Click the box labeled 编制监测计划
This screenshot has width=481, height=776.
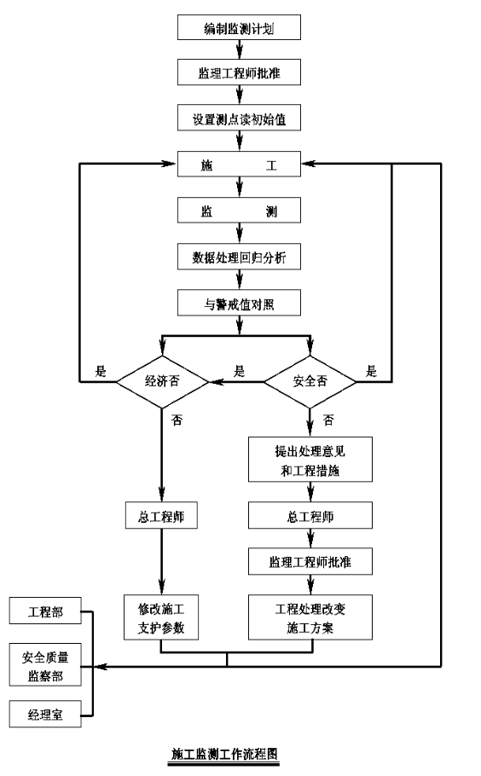239,27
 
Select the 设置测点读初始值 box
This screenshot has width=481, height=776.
239,119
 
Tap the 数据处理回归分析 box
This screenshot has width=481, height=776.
239,257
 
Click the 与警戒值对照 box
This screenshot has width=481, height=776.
239,303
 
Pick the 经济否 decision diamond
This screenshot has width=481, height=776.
162,381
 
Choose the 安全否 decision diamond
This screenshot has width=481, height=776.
310,381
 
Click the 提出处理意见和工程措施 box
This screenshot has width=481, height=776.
310,460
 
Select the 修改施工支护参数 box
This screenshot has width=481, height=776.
161,617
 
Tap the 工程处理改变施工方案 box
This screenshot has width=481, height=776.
310,617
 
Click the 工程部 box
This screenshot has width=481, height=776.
45,611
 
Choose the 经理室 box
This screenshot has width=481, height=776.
45,714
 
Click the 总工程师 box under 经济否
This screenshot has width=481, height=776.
161,516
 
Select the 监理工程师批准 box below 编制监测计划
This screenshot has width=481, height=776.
239,72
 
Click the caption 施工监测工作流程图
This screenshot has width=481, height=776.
224,754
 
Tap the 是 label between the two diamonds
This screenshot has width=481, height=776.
239,371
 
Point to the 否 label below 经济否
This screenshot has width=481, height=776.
177,420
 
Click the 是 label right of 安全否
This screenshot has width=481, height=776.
371,371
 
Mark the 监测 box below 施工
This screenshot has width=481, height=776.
239,211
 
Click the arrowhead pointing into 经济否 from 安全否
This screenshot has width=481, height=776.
215,382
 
